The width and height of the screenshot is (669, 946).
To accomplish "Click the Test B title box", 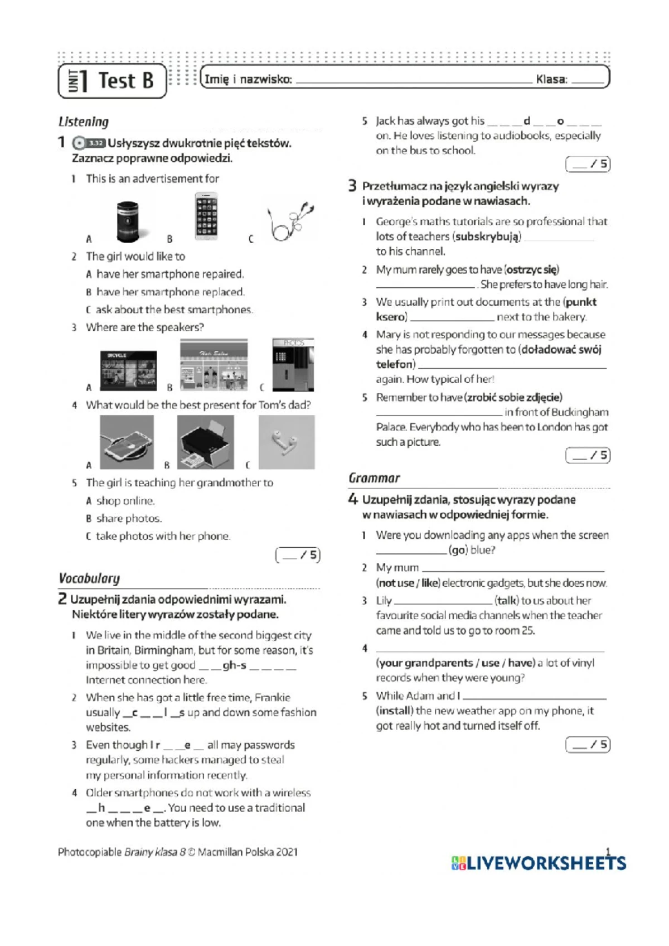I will [x=112, y=81].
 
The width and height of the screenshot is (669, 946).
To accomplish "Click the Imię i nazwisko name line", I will [x=413, y=81].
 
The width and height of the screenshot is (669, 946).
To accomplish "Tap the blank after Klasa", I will [x=588, y=81].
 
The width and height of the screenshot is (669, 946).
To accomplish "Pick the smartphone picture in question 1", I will [x=206, y=216].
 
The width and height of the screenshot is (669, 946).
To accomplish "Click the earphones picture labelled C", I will [x=289, y=221].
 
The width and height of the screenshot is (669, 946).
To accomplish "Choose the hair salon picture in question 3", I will [x=214, y=365].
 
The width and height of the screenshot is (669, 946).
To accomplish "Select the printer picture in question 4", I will [x=205, y=442].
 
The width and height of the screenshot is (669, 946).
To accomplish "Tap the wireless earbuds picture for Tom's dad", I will [x=286, y=442].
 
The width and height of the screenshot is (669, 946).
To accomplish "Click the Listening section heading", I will [x=84, y=122].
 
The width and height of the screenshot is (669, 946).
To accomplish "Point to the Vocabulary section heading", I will [x=89, y=578].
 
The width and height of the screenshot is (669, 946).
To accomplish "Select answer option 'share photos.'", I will [x=129, y=518].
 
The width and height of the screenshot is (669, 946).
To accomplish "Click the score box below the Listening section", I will [x=298, y=555].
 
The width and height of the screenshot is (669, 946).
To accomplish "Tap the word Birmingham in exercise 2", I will [x=164, y=650].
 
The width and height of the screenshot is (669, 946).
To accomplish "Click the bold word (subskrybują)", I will [x=487, y=236].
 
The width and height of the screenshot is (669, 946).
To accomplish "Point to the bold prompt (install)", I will [x=395, y=711].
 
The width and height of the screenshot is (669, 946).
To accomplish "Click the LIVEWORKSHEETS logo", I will [x=539, y=863].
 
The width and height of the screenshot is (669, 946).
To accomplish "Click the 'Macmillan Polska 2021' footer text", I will [x=248, y=852].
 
